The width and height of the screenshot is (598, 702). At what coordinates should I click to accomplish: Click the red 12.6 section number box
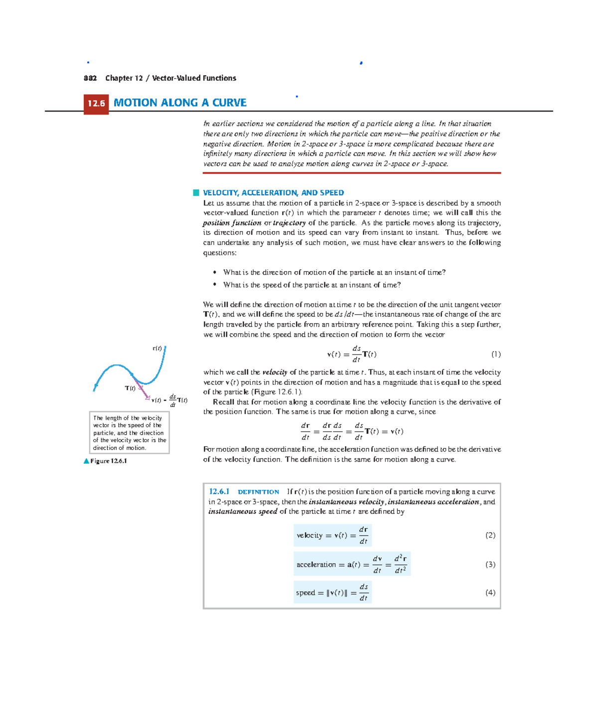pos(96,104)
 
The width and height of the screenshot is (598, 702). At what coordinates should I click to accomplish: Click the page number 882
pos(90,78)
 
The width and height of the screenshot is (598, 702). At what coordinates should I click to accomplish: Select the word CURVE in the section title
pos(229,103)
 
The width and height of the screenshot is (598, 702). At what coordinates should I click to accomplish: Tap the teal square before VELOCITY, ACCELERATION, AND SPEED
pos(196,193)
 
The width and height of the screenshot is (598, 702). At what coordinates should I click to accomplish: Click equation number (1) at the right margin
pos(496,354)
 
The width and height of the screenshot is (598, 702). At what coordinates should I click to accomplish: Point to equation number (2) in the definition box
pos(490,535)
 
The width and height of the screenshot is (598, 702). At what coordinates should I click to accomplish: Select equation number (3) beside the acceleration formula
pos(490,565)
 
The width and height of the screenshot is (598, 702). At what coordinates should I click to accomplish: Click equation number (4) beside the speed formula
pos(490,592)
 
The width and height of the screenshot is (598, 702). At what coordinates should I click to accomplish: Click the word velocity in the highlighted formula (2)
pos(309,536)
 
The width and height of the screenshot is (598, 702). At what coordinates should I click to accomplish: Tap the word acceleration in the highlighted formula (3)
pos(316,565)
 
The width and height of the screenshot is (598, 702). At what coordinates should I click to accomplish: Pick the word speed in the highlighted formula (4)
pos(305,593)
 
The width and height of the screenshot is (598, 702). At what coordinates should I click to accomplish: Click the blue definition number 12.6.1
pos(219,492)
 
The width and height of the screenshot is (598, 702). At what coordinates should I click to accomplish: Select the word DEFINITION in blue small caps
pos(258,492)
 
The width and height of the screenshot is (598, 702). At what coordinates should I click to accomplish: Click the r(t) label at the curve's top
pos(157,349)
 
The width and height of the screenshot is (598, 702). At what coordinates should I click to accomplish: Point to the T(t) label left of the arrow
pos(130,388)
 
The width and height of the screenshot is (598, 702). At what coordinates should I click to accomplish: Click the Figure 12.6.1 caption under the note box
pos(108,461)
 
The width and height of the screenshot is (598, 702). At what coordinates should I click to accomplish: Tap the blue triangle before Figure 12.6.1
pos(86,461)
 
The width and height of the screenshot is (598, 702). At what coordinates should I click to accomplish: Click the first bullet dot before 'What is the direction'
pos(215,272)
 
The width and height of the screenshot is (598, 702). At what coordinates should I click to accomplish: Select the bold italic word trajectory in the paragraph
pos(289,223)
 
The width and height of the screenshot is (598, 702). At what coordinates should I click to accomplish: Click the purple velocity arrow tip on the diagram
pos(148,398)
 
